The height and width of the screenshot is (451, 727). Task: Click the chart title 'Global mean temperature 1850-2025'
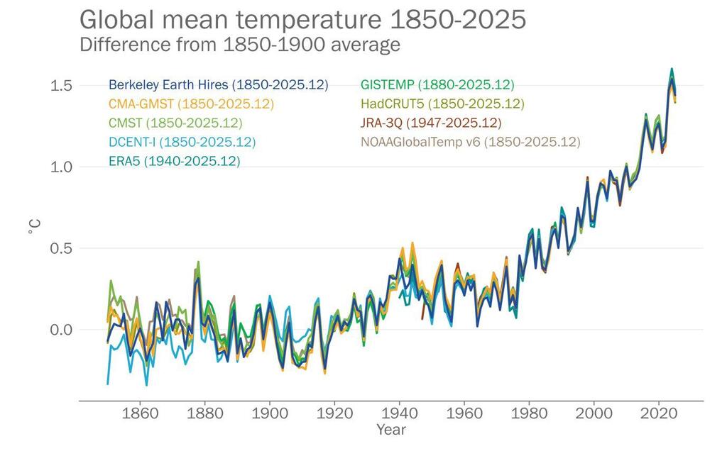click(303, 19)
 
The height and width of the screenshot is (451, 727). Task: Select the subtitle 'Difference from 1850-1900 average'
click(240, 45)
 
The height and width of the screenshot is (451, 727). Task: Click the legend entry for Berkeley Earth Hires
click(218, 85)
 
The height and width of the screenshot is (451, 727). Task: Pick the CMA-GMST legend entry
click(191, 104)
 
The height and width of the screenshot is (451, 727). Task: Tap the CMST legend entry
click(175, 123)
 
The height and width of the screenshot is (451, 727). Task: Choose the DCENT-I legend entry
click(182, 142)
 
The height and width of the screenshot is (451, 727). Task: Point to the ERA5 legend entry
click(174, 161)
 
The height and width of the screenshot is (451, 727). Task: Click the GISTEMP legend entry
click(437, 85)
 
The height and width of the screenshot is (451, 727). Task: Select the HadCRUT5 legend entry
click(442, 104)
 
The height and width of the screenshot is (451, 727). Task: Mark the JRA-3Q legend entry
click(431, 123)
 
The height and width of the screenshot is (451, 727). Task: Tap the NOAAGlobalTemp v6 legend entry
click(470, 142)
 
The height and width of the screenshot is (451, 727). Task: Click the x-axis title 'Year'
click(391, 430)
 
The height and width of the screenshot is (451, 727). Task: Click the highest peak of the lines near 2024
click(671, 69)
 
